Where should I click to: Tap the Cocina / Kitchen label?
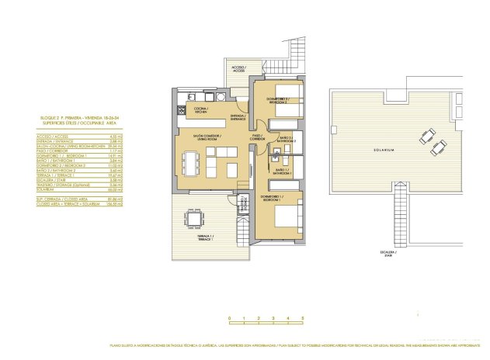(200, 109)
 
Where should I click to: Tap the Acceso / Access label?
(238, 69)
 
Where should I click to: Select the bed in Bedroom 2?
(288, 99)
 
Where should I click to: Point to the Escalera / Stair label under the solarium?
(398, 253)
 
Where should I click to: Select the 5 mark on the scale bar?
(303, 319)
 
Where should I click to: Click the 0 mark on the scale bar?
(229, 319)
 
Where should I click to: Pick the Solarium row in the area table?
(63, 192)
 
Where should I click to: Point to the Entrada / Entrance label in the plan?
(238, 117)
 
